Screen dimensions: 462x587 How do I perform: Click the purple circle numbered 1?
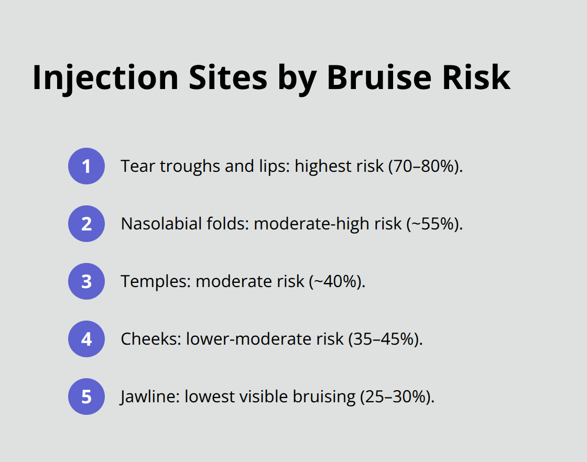pos(86,166)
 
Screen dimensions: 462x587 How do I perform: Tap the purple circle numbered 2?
pos(86,224)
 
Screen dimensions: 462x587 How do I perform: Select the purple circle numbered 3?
pos(86,281)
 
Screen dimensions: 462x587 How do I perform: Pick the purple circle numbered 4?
pos(86,339)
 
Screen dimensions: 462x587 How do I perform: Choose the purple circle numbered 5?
pos(86,397)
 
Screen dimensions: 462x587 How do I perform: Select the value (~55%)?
pos(433,224)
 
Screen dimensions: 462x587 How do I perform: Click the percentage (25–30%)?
pos(397,397)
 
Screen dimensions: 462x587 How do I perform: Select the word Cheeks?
pos(151,339)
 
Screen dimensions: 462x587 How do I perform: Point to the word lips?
pos(274,167)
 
